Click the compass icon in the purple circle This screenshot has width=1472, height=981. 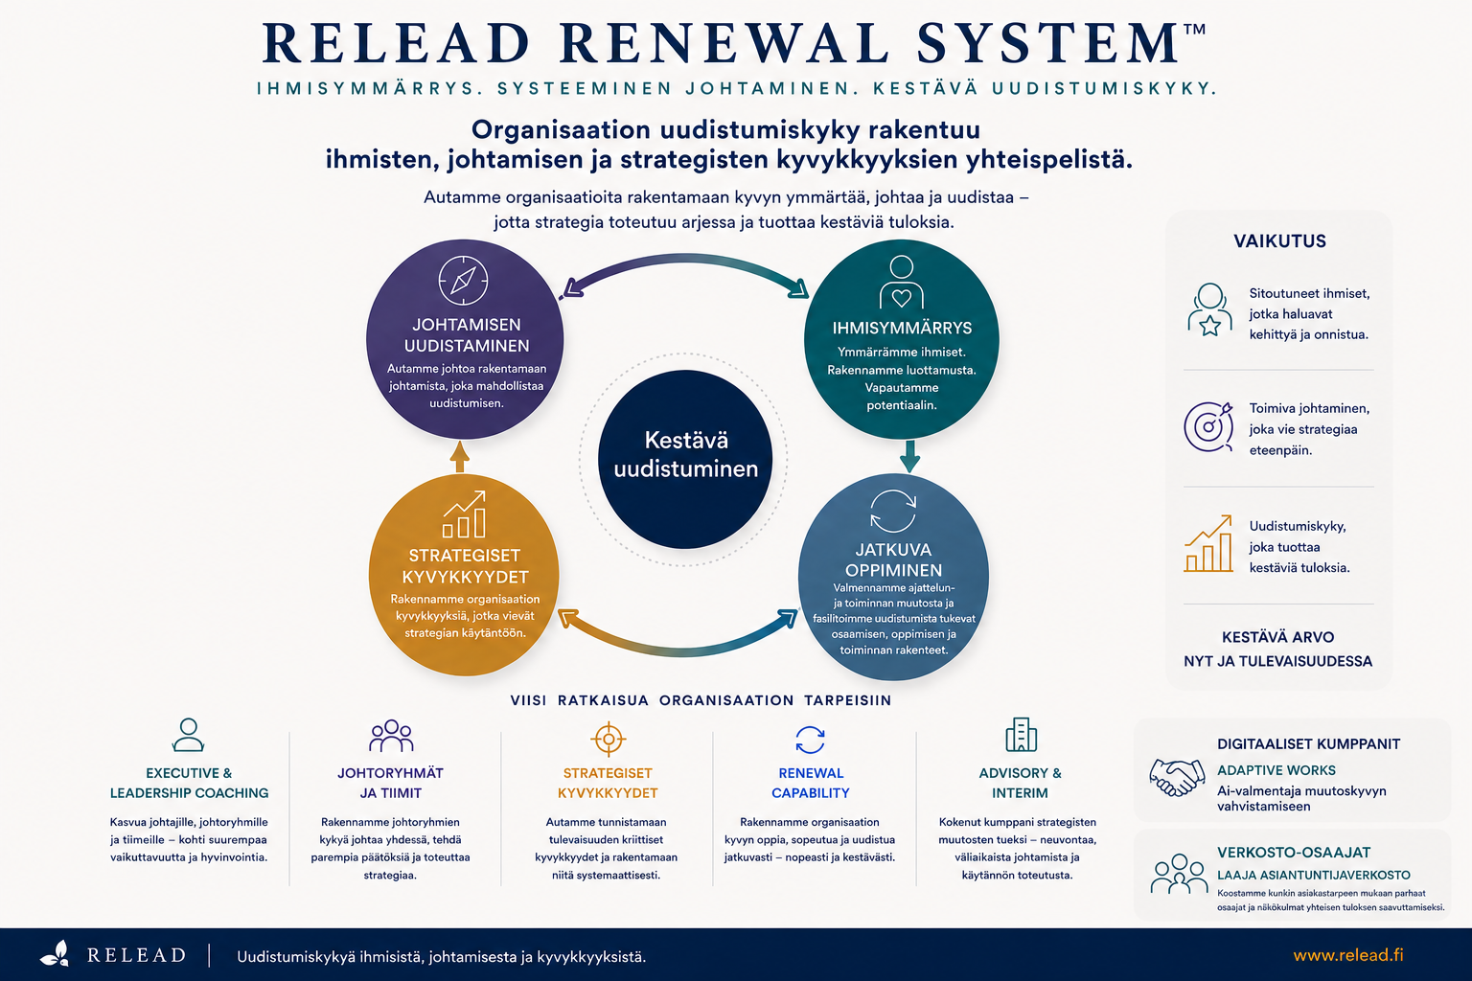tap(463, 281)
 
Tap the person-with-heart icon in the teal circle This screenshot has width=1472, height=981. tap(901, 282)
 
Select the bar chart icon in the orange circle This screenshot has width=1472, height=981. tap(464, 513)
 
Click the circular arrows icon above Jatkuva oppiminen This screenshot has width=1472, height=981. tap(893, 511)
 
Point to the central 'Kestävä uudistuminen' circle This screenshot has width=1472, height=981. tap(685, 459)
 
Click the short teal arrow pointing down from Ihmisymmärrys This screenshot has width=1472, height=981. tap(909, 456)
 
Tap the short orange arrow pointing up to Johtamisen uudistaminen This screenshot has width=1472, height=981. tap(460, 457)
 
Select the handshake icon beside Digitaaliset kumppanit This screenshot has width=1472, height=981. tap(1177, 777)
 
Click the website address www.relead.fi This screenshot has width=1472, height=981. tap(1347, 955)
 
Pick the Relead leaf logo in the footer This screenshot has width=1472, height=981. tap(55, 954)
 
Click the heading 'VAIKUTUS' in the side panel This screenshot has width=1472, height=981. tap(1279, 241)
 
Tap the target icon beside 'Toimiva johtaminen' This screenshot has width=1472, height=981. tap(1208, 427)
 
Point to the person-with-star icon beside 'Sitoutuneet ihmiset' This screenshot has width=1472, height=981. tap(1209, 309)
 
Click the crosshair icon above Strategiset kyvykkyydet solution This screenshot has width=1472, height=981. tap(608, 740)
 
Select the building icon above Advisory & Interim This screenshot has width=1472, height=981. tap(1021, 735)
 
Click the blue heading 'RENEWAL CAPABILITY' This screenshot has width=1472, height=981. tap(810, 784)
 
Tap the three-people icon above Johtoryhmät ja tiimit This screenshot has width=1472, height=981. tap(391, 735)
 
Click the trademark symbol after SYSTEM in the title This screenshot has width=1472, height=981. tap(1194, 30)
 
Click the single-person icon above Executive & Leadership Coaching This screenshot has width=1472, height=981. tap(188, 735)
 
